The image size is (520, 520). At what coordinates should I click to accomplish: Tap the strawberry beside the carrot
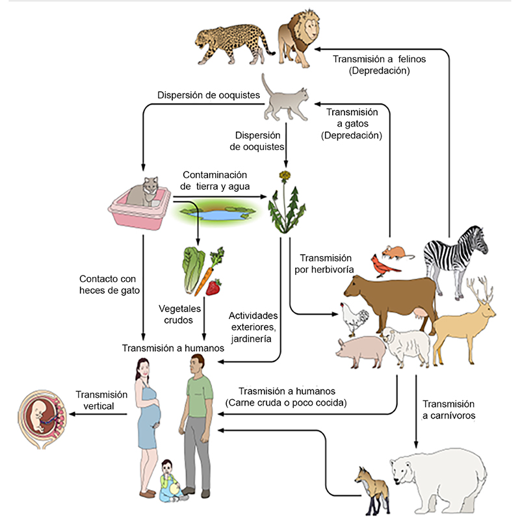[x=213, y=287]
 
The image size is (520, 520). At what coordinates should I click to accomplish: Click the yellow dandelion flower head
[x=284, y=175]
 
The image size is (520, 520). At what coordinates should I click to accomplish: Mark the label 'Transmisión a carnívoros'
[x=448, y=410]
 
